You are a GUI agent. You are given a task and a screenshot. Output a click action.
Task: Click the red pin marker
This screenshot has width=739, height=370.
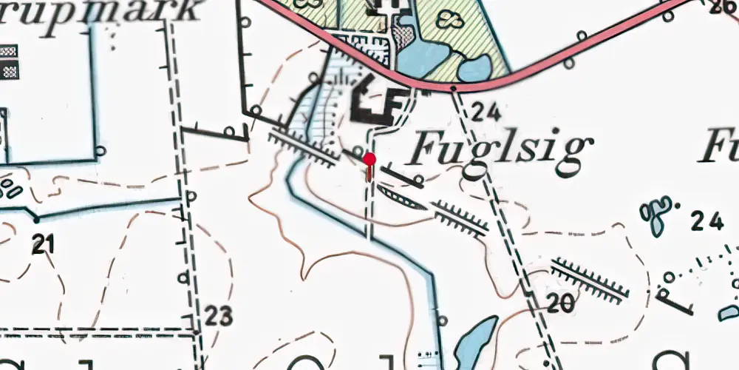coord(369,160)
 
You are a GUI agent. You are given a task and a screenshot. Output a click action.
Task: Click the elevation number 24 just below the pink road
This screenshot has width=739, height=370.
coord(486,112)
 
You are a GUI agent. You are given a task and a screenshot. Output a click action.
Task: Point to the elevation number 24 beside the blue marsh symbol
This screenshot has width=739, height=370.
coord(706,221)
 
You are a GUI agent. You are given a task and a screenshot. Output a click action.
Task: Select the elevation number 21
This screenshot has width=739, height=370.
coord(44,245)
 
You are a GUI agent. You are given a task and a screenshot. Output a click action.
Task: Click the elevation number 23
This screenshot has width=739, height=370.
coord(219,316)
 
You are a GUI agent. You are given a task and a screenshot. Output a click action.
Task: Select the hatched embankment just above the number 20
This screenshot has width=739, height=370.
coord(590,280)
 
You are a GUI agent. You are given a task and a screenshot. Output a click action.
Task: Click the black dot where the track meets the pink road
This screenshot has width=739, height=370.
coord(453,89)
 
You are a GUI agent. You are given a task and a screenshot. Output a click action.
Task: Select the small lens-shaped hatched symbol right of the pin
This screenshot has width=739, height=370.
coord(401,198)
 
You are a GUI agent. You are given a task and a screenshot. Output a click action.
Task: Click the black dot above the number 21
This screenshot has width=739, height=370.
coord(35,220)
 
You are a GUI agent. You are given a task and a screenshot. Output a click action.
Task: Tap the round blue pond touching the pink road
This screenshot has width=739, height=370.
coord(474,69)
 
